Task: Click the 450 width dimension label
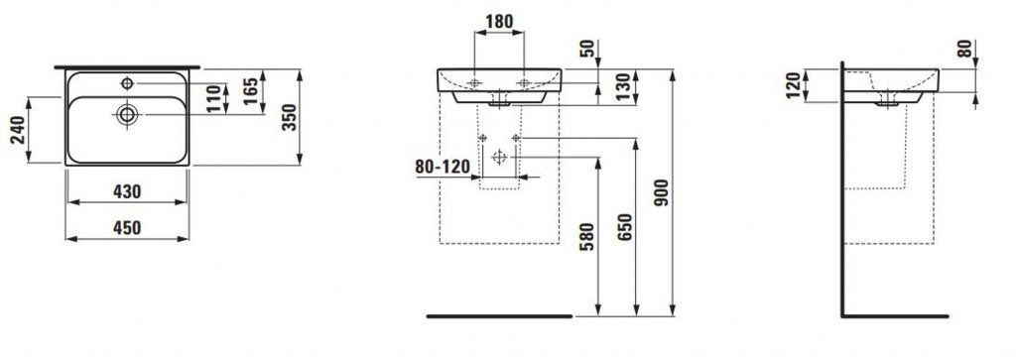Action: [x=128, y=228]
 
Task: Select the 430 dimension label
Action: [x=128, y=191]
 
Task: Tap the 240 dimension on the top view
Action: [x=17, y=130]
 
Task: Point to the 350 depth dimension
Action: [x=291, y=117]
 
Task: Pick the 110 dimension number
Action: [x=214, y=99]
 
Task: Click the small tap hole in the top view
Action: [x=127, y=83]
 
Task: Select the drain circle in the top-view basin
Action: [x=128, y=115]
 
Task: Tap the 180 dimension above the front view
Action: [x=500, y=22]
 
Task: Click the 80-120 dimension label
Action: [x=443, y=167]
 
